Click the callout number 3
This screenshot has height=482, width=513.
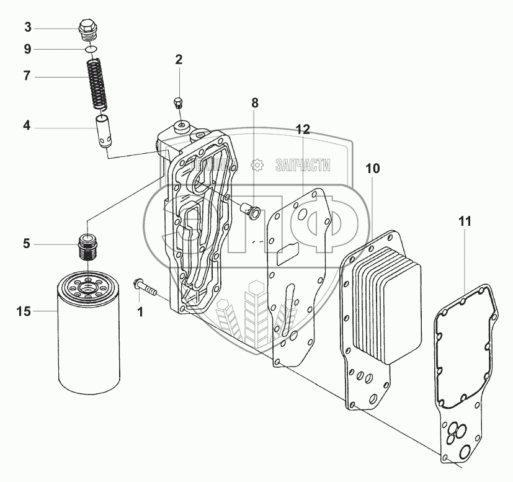[27, 27]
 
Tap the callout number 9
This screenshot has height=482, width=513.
[27, 49]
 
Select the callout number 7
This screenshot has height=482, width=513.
[27, 76]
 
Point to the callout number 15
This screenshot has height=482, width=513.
[23, 312]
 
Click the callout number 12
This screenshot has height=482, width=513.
[303, 129]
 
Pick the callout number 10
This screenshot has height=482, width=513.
[372, 168]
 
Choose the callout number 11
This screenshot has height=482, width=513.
[466, 220]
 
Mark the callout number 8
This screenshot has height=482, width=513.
[254, 103]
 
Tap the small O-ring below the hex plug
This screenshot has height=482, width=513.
[91, 49]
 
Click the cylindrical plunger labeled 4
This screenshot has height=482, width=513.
[104, 130]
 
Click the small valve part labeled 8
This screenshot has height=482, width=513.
[251, 210]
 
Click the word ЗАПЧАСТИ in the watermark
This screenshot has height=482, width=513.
[301, 166]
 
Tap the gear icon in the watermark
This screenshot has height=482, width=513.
[256, 166]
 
